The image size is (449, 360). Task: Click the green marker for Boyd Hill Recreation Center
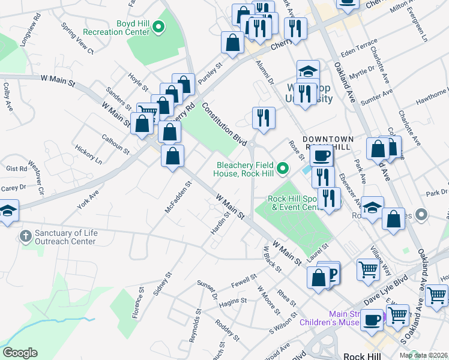(x=158, y=26)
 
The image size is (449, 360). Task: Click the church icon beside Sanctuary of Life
(x=25, y=236)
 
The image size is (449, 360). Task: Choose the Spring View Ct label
(x=77, y=39)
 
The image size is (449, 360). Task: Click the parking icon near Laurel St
(x=331, y=274)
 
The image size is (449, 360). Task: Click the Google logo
(x=20, y=353)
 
